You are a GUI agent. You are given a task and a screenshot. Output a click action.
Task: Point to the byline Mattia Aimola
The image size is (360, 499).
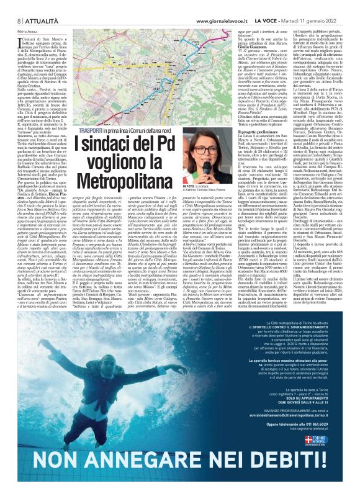[x=22, y=14]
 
